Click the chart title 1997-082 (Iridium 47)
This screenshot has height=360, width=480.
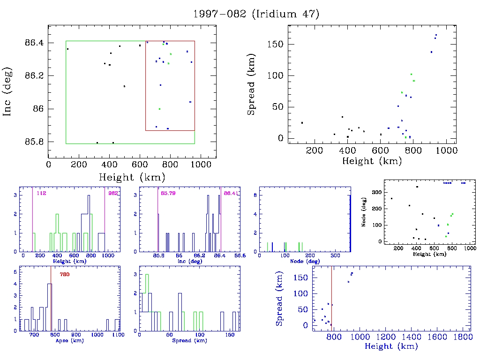[x=256, y=14]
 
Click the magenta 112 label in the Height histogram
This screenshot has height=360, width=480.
[x=40, y=193]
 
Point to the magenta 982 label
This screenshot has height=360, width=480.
[x=113, y=193]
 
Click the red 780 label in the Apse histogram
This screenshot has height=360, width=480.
[x=65, y=274]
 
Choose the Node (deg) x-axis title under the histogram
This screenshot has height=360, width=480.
[x=305, y=261]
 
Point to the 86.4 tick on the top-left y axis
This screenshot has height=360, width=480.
[x=35, y=43]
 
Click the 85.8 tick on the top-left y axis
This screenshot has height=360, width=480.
[x=35, y=142]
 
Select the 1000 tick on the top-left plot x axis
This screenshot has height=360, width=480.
[x=200, y=165]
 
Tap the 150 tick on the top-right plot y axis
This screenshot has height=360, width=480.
[x=277, y=45]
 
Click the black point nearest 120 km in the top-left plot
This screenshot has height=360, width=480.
[x=67, y=49]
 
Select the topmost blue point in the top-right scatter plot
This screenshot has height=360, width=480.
[x=436, y=35]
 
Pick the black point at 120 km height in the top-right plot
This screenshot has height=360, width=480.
[x=302, y=123]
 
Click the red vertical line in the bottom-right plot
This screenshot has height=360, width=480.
[x=331, y=300]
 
